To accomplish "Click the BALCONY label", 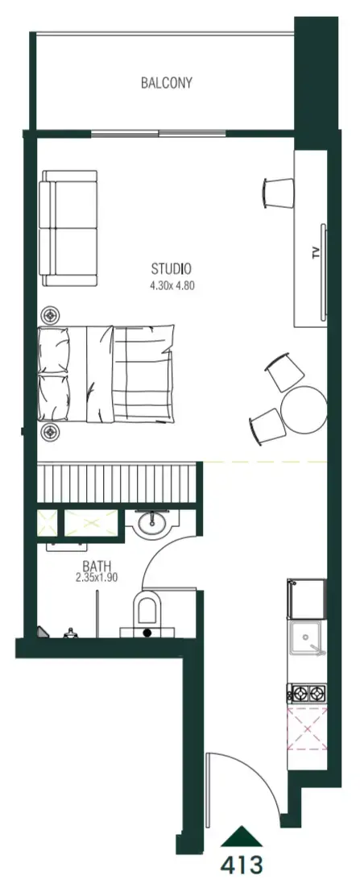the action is pyautogui.click(x=167, y=83).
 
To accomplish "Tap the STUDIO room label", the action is pyautogui.click(x=171, y=268).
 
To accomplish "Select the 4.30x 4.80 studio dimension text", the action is pyautogui.click(x=172, y=286).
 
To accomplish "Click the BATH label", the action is pyautogui.click(x=97, y=566).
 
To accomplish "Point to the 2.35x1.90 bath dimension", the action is pyautogui.click(x=97, y=578).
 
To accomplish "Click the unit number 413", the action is pyautogui.click(x=242, y=865).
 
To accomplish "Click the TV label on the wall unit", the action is pyautogui.click(x=316, y=252).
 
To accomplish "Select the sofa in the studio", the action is pyautogui.click(x=68, y=228).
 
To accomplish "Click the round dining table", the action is pyautogui.click(x=304, y=409).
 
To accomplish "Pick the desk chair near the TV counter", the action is pyautogui.click(x=279, y=193).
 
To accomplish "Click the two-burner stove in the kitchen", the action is pyautogui.click(x=308, y=691).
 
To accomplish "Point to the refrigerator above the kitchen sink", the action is pyautogui.click(x=307, y=599).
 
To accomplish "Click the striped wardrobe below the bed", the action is pyautogui.click(x=120, y=483).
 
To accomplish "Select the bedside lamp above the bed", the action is pyautogui.click(x=52, y=315).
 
